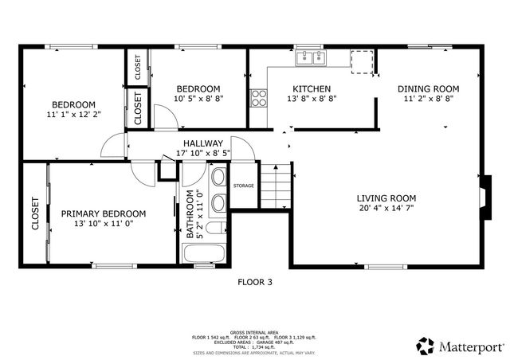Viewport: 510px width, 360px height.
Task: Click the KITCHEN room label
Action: (312, 88)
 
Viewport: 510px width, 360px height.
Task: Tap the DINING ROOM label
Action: (428, 88)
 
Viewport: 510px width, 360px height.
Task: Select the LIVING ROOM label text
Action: (386, 198)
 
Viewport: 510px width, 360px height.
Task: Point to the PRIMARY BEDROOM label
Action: (104, 213)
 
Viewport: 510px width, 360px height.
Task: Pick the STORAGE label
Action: (243, 186)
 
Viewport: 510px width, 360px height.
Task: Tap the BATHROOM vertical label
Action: (190, 214)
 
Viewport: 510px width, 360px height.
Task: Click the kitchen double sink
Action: (311, 57)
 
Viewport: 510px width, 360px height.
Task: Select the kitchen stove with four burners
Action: (259, 99)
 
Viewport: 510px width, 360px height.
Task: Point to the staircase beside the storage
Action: (275, 186)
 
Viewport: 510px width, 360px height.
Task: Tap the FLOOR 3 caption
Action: (255, 281)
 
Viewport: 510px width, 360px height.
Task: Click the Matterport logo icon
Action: (424, 346)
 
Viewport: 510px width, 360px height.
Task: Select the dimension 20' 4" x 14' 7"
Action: (386, 209)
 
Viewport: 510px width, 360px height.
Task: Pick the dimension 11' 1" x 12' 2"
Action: (73, 115)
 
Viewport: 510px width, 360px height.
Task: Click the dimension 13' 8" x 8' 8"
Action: (312, 99)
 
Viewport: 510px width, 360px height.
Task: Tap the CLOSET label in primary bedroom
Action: (36, 213)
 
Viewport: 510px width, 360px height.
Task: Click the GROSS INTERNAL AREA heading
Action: (254, 332)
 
